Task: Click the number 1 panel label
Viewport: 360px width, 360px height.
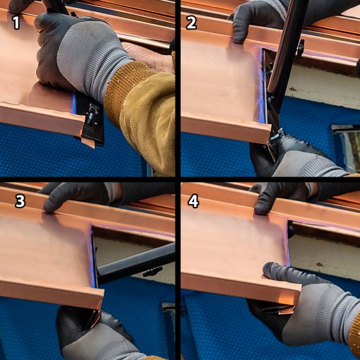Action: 16,23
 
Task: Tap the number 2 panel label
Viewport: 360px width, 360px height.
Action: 191,23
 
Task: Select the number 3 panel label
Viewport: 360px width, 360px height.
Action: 20,201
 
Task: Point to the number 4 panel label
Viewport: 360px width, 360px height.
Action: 193,201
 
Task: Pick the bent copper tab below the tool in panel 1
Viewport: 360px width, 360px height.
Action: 88,143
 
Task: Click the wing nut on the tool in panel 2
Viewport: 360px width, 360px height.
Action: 301,47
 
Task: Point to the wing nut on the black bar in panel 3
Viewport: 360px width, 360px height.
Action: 152,272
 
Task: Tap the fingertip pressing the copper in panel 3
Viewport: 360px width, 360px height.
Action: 51,207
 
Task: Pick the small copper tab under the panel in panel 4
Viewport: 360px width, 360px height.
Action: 286,310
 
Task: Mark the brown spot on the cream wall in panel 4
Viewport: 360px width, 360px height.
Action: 320,265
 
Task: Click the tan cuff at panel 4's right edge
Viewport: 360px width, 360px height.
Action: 355,332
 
